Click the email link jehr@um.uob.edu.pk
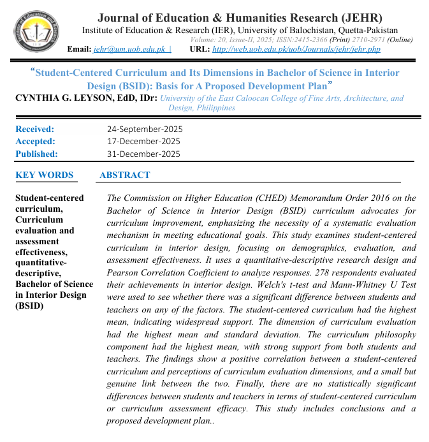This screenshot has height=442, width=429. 129,49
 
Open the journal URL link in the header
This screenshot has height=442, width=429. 296,49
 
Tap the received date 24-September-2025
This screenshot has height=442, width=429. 144,129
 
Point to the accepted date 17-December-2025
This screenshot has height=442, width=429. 143,141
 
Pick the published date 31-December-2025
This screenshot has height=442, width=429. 143,154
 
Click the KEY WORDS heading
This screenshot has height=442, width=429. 44,175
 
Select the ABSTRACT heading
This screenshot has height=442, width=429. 125,175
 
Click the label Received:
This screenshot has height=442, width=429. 35,129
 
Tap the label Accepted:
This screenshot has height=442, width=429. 35,141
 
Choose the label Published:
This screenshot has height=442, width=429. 36,154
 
